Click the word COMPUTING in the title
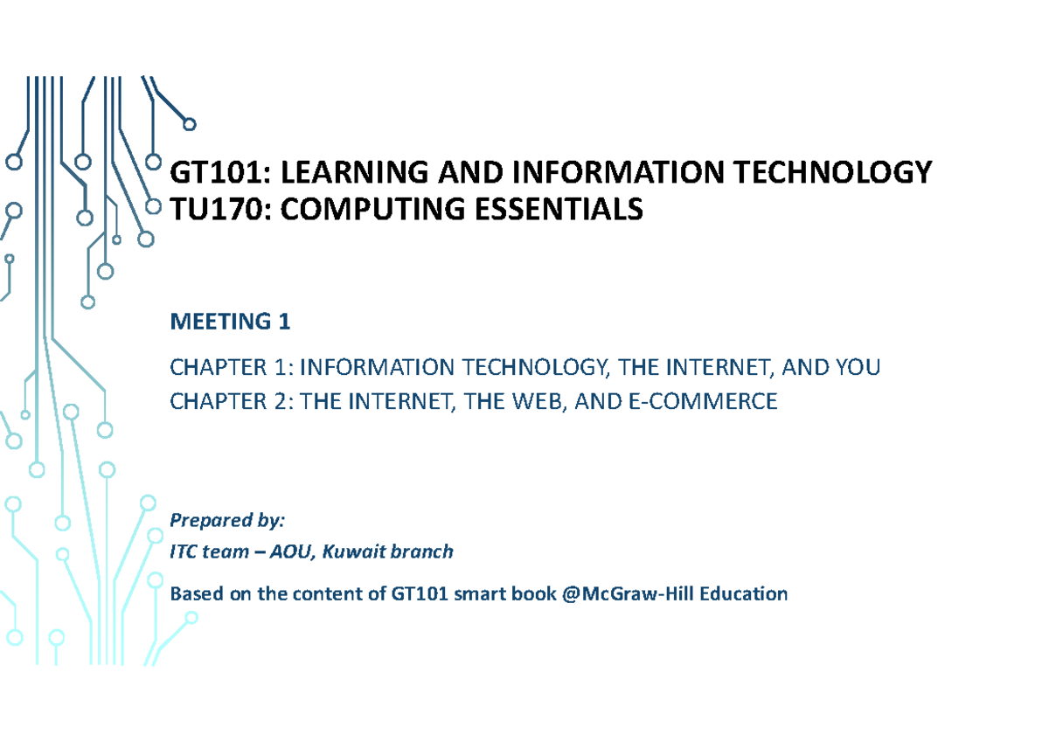point(362,210)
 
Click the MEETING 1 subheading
point(229,322)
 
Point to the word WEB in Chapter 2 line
point(528,402)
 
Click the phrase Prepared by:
point(227,522)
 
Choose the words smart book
point(490,594)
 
